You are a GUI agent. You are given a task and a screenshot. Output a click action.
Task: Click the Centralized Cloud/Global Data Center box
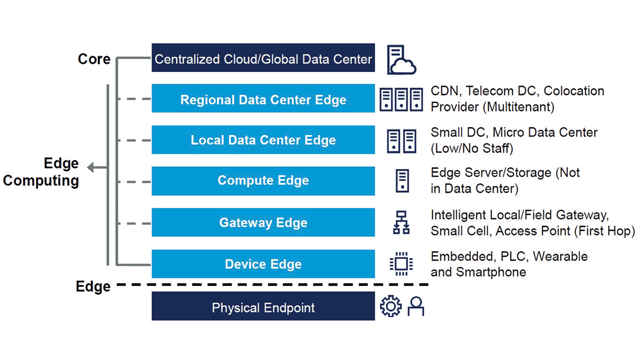[x=263, y=58]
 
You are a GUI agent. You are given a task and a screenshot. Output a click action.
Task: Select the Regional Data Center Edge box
[x=263, y=99]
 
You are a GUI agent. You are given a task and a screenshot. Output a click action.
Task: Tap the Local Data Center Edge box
[x=263, y=140]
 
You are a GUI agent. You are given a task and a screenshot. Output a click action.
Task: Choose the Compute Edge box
[x=263, y=181]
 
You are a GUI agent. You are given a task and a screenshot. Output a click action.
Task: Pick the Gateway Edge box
[x=263, y=222]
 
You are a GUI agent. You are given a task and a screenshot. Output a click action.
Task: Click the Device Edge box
[x=263, y=264]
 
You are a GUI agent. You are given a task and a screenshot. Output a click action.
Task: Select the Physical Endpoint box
[x=263, y=306]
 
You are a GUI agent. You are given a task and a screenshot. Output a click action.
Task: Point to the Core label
[x=94, y=59]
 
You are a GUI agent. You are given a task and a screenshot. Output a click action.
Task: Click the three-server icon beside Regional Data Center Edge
[x=401, y=99]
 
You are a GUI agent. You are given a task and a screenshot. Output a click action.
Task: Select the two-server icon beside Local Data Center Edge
[x=401, y=140]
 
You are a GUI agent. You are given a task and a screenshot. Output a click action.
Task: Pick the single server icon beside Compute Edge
[x=402, y=181]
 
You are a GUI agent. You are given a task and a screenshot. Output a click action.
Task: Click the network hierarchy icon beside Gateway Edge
[x=401, y=222]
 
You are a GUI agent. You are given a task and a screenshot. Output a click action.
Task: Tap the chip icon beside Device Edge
[x=401, y=264]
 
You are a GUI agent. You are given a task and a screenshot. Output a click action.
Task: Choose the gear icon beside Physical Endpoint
[x=391, y=306]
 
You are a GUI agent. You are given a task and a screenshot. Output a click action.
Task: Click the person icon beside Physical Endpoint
[x=416, y=306]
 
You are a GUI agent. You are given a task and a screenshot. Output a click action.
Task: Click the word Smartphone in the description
[x=491, y=272]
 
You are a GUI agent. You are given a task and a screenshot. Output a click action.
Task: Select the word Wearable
[x=560, y=256]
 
